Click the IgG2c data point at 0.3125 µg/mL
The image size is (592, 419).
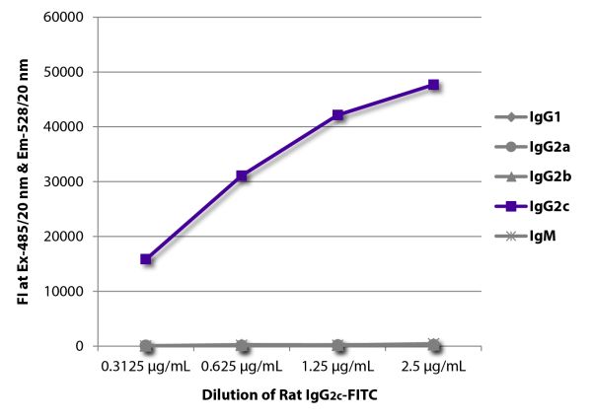point(146,259)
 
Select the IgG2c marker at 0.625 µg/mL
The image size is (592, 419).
point(242,175)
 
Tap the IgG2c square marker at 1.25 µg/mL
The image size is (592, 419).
point(337,115)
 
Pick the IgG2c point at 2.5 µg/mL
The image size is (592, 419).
point(433,85)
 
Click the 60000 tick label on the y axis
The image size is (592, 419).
point(63,18)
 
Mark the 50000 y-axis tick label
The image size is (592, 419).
point(63,72)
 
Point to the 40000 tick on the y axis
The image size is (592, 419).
point(63,127)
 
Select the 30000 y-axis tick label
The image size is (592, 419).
point(63,182)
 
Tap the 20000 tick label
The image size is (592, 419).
point(63,237)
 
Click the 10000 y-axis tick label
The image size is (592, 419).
point(63,292)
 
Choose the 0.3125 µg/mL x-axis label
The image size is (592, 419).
point(146,368)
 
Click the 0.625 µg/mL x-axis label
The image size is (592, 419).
point(242,368)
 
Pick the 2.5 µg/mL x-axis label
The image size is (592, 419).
point(433,368)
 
